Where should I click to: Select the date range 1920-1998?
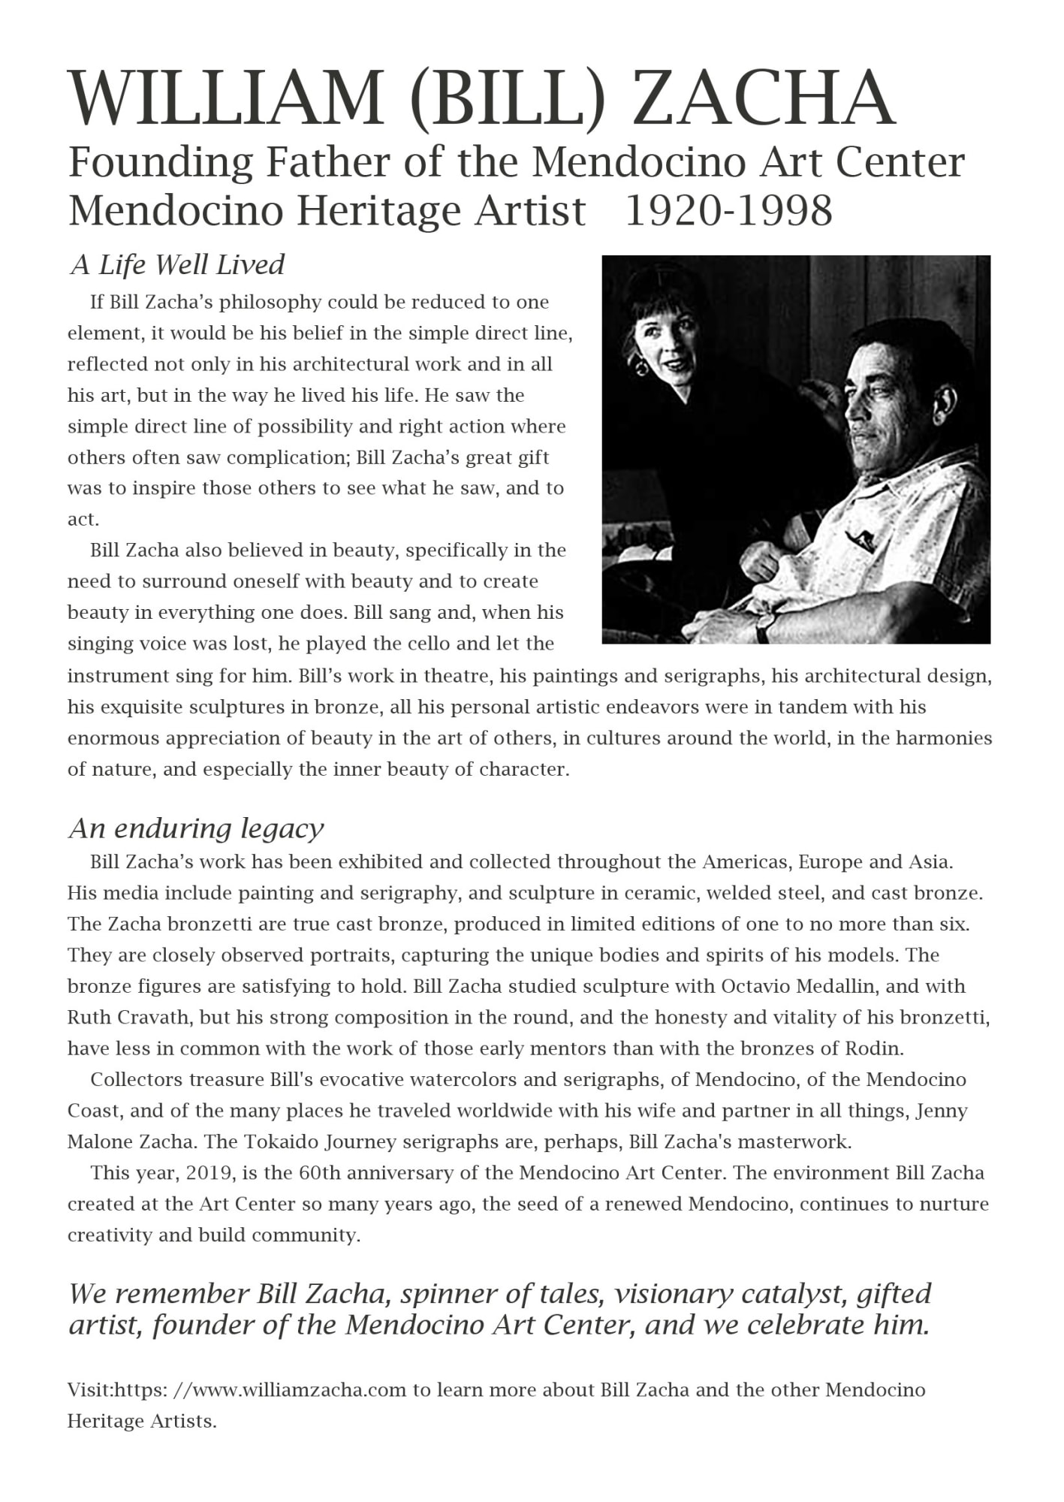[x=728, y=210]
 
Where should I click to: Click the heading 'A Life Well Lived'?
[x=177, y=264]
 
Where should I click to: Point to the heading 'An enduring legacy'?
[x=196, y=828]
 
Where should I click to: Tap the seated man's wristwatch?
[x=765, y=626]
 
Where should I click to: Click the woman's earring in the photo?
[x=642, y=368]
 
